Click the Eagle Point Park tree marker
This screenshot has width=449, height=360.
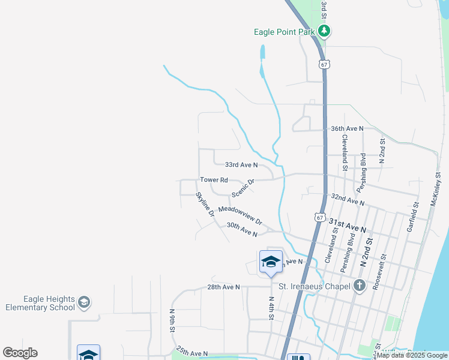[324, 31]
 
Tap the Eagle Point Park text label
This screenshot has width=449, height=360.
[284, 32]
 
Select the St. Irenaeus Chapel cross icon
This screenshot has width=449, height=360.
[360, 286]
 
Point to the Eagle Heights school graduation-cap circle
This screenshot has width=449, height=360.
[85, 302]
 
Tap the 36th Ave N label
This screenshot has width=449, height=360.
[347, 128]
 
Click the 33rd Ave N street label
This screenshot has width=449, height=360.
[241, 164]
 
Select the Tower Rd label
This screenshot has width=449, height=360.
[214, 180]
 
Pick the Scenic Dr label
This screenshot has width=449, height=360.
[243, 188]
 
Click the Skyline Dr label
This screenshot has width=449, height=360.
[205, 204]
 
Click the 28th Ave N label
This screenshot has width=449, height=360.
[223, 287]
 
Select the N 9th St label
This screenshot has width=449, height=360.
[172, 321]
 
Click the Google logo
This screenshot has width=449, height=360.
[20, 352]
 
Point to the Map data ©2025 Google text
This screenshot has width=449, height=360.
[412, 355]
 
